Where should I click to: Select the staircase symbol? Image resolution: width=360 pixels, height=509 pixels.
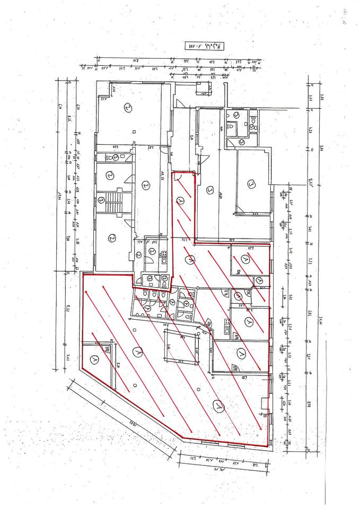tap(113, 203)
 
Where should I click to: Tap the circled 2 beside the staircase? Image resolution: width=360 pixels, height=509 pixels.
tap(101, 200)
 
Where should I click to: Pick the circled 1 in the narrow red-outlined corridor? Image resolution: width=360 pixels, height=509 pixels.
tap(182, 201)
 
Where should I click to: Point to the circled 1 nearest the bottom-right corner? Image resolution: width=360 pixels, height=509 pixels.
tap(217, 406)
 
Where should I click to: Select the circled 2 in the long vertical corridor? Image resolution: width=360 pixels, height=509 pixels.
tap(146, 185)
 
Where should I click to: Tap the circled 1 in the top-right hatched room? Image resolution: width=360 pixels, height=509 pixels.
tap(245, 259)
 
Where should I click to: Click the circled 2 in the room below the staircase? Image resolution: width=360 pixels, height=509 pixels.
tap(111, 238)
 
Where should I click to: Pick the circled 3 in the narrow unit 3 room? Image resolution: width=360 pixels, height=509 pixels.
tap(210, 190)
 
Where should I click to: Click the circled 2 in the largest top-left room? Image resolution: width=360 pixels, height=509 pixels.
tap(127, 107)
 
